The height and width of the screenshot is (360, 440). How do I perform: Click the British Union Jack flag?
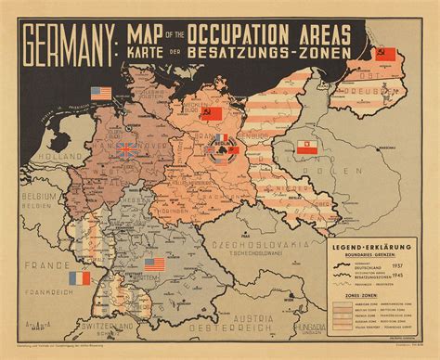tap(125, 148)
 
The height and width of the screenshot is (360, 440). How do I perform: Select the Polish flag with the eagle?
tap(307, 147)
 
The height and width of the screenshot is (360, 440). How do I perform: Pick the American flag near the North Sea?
tap(100, 93)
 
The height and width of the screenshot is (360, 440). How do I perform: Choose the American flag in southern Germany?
tap(154, 264)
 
